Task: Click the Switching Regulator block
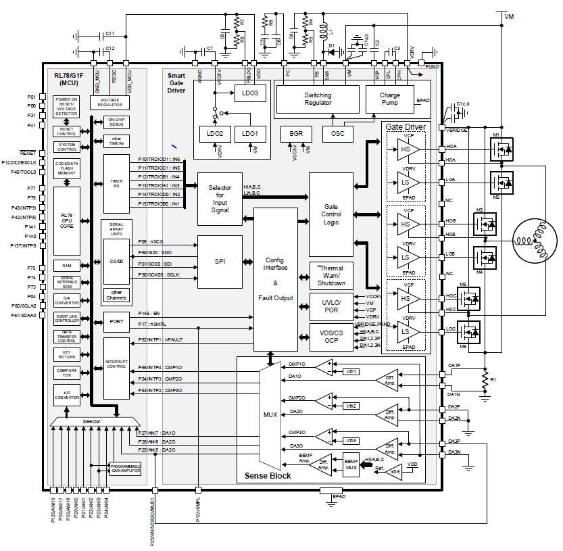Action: [x=318, y=100]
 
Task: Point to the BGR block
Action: [x=296, y=133]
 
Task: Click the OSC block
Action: [x=338, y=133]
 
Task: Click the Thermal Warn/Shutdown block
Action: [x=332, y=276]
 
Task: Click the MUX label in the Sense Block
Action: [x=270, y=413]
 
